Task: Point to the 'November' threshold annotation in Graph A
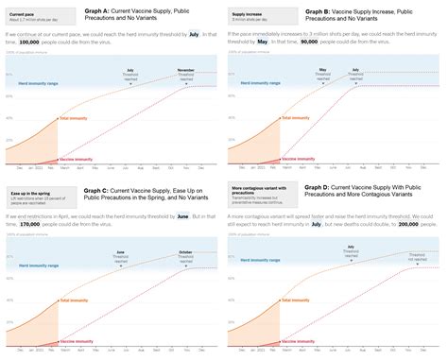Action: point(186,70)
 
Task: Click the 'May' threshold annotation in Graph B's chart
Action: point(322,70)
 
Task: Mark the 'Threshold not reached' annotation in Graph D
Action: point(416,255)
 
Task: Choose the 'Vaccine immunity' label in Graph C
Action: point(76,340)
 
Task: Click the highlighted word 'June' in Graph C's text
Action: point(183,216)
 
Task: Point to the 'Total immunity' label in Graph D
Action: point(295,300)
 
